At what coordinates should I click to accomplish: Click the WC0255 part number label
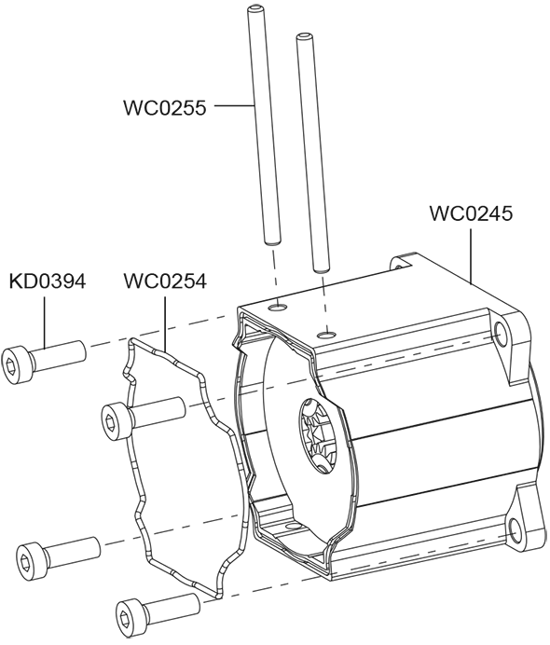point(165,108)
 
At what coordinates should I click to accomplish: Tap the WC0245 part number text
point(471,213)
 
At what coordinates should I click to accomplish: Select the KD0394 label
point(48,281)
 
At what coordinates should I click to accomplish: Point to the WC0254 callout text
point(165,281)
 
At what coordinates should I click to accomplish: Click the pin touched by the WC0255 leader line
point(264,126)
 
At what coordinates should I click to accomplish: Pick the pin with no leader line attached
point(311,152)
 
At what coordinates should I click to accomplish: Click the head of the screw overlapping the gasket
point(117,420)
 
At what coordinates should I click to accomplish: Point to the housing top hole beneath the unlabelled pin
point(327,335)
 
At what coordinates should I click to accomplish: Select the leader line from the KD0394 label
point(44,322)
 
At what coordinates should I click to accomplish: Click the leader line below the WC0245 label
point(471,256)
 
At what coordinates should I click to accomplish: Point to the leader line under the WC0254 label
point(165,323)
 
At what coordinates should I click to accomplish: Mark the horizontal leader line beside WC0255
point(234,105)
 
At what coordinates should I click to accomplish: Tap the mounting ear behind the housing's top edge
point(402,263)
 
